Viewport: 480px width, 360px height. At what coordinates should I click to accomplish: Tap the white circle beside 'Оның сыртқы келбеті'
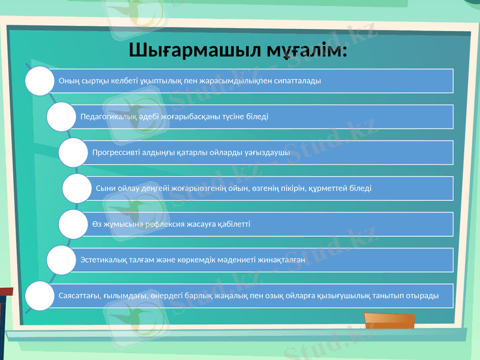(40, 81)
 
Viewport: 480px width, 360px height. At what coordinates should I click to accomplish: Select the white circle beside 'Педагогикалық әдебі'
(62, 116)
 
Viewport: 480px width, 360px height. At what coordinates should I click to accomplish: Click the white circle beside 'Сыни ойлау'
(77, 188)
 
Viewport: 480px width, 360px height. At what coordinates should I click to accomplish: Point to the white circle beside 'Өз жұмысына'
(73, 224)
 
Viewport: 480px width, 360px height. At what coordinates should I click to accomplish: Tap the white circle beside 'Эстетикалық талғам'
(62, 260)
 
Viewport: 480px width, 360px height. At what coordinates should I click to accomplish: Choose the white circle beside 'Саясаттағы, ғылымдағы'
(40, 296)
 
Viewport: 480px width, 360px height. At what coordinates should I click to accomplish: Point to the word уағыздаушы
(268, 152)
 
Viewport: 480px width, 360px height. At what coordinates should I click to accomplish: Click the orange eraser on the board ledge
(381, 322)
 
